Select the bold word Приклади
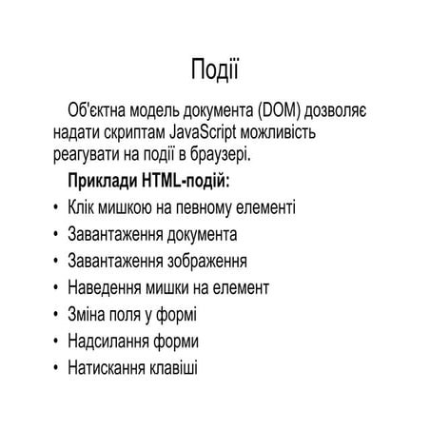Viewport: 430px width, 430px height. pos(104,180)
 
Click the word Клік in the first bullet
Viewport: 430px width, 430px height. pos(83,206)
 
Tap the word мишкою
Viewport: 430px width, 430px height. pos(127,206)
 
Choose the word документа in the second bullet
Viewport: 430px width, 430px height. pos(201,233)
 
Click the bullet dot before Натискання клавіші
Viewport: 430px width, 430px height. pos(58,367)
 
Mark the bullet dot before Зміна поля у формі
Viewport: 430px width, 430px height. pos(58,314)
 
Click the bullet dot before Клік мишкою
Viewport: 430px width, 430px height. pos(58,207)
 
